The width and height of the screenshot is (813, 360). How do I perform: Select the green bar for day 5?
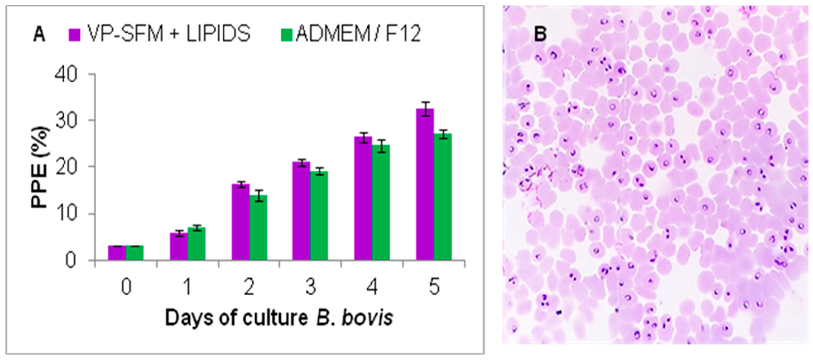(x=443, y=197)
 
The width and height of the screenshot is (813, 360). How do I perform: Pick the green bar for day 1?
(x=197, y=244)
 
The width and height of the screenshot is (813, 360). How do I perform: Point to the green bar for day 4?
(x=381, y=202)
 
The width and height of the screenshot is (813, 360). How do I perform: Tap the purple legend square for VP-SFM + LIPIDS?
(x=75, y=34)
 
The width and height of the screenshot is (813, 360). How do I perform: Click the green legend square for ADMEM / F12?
(x=287, y=34)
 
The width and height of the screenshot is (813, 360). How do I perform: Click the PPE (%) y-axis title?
(x=40, y=167)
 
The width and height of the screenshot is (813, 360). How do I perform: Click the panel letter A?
(x=39, y=34)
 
